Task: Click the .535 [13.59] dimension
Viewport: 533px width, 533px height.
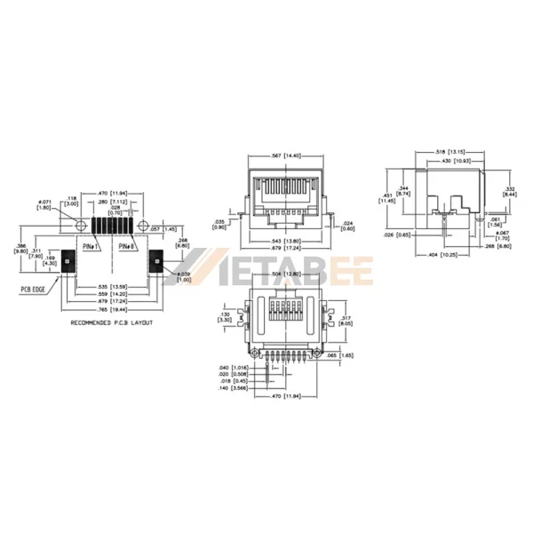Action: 112,288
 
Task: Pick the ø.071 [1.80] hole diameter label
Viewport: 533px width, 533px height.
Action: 44,205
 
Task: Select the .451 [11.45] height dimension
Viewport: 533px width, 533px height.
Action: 386,198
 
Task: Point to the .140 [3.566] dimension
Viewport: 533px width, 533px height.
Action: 232,388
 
